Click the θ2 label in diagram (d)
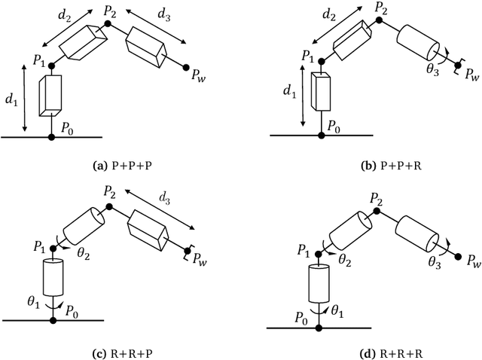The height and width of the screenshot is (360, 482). [x=345, y=258]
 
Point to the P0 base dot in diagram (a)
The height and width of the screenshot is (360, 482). [x=51, y=138]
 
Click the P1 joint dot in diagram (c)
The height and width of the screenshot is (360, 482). [x=51, y=250]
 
